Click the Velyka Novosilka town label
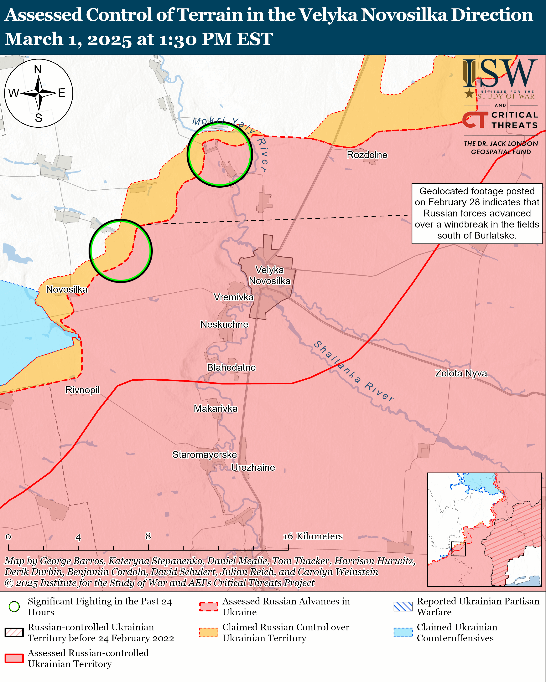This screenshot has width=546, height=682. coord(269,275)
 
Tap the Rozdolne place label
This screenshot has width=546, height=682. coord(367,155)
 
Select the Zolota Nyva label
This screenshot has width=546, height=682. coord(461,373)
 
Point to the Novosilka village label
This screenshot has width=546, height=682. coord(67,290)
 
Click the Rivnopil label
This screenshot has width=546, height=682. coord(82,390)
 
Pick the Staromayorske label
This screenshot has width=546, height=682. coord(205,454)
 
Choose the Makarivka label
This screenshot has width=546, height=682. coord(216,409)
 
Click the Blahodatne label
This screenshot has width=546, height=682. coord(231,368)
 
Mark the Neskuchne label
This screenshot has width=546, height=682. coord(224,325)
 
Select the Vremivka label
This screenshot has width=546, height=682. coord(234,297)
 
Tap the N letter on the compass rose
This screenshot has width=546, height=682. coord(38,69)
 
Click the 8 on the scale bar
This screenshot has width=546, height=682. coord(148,536)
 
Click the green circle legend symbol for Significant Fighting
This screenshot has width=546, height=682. coord(14,607)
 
